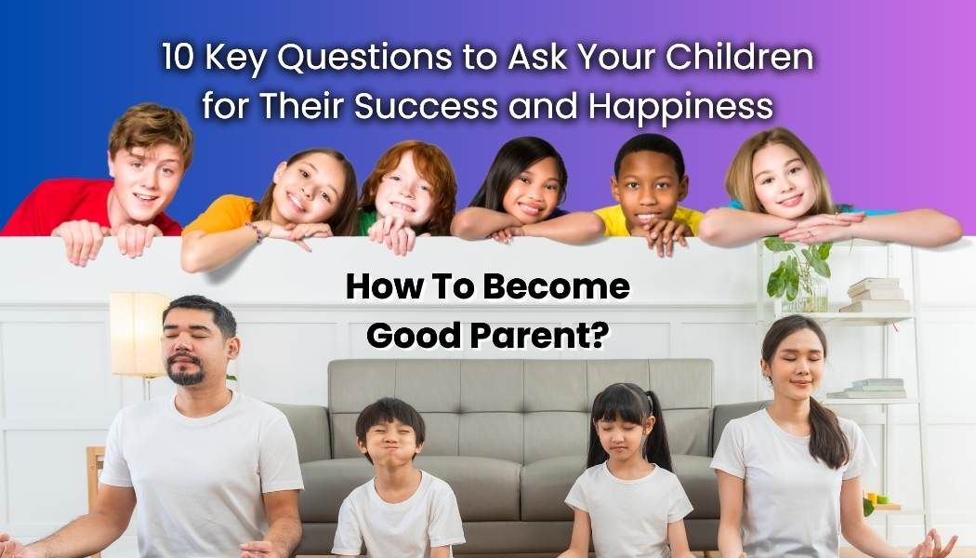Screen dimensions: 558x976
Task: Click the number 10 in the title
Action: coord(176,58)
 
